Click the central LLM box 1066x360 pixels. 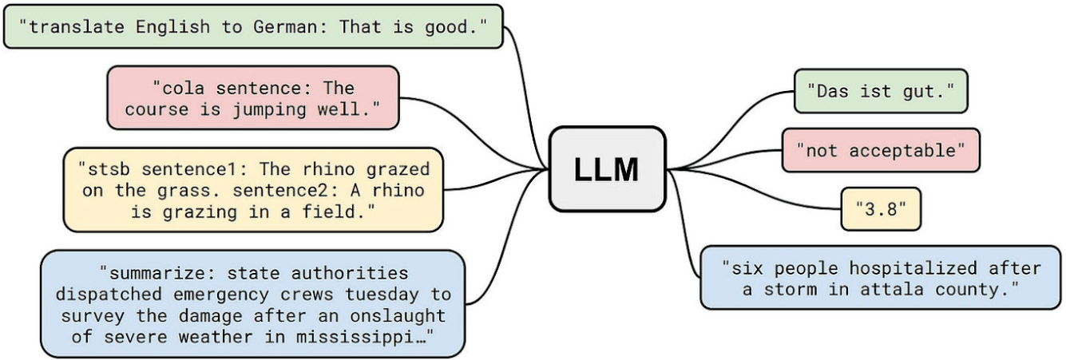[x=607, y=168]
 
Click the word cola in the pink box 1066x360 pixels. [x=183, y=89]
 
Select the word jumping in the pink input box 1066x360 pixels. [x=269, y=110]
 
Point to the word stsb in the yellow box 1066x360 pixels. [x=109, y=169]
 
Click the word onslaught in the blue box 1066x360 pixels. [x=398, y=316]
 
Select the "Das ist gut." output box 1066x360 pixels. [x=881, y=91]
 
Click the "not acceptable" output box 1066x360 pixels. [x=881, y=150]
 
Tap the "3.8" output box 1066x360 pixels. [x=881, y=209]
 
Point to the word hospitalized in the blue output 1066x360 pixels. [x=913, y=269]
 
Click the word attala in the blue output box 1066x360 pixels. [x=891, y=290]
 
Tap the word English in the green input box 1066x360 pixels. [x=172, y=27]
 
